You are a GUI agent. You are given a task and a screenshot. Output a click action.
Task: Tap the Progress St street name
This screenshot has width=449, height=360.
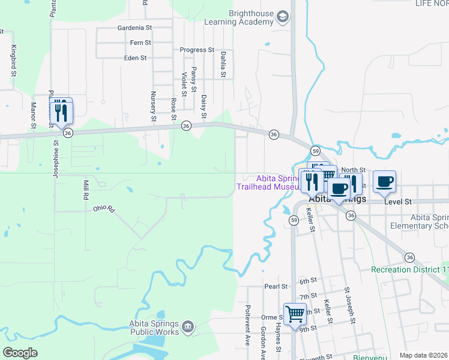coord(197,50)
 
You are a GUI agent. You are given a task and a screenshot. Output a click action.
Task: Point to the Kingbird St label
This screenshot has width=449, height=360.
coord(13,61)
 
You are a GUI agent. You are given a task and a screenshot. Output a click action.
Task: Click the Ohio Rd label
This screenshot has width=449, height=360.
coord(103,209)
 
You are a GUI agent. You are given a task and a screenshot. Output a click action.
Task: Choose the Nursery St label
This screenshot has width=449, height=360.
coord(153,107)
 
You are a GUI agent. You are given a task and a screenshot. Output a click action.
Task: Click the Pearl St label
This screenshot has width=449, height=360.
coord(277,287)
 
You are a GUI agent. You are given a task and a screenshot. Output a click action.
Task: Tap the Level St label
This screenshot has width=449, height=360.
coord(399,202)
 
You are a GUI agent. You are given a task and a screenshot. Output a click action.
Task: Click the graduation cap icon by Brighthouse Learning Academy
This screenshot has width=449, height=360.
coord(282,17)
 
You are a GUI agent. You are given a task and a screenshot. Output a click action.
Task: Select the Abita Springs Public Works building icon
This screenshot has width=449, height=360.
coord(188,326)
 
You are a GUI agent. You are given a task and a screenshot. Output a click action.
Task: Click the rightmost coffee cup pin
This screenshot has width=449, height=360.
coord(384,181)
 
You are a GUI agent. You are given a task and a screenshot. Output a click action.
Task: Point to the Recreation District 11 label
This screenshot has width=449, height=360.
coord(409,269)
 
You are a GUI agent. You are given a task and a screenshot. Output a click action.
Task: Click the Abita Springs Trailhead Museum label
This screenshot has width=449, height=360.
coord(268,182)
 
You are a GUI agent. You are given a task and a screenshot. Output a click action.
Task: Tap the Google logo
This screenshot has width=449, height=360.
coord(20,352)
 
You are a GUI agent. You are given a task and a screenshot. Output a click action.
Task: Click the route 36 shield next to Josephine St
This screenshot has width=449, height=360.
coord(68,133)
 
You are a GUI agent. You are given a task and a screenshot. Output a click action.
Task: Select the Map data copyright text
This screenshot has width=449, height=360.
coord(423,355)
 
